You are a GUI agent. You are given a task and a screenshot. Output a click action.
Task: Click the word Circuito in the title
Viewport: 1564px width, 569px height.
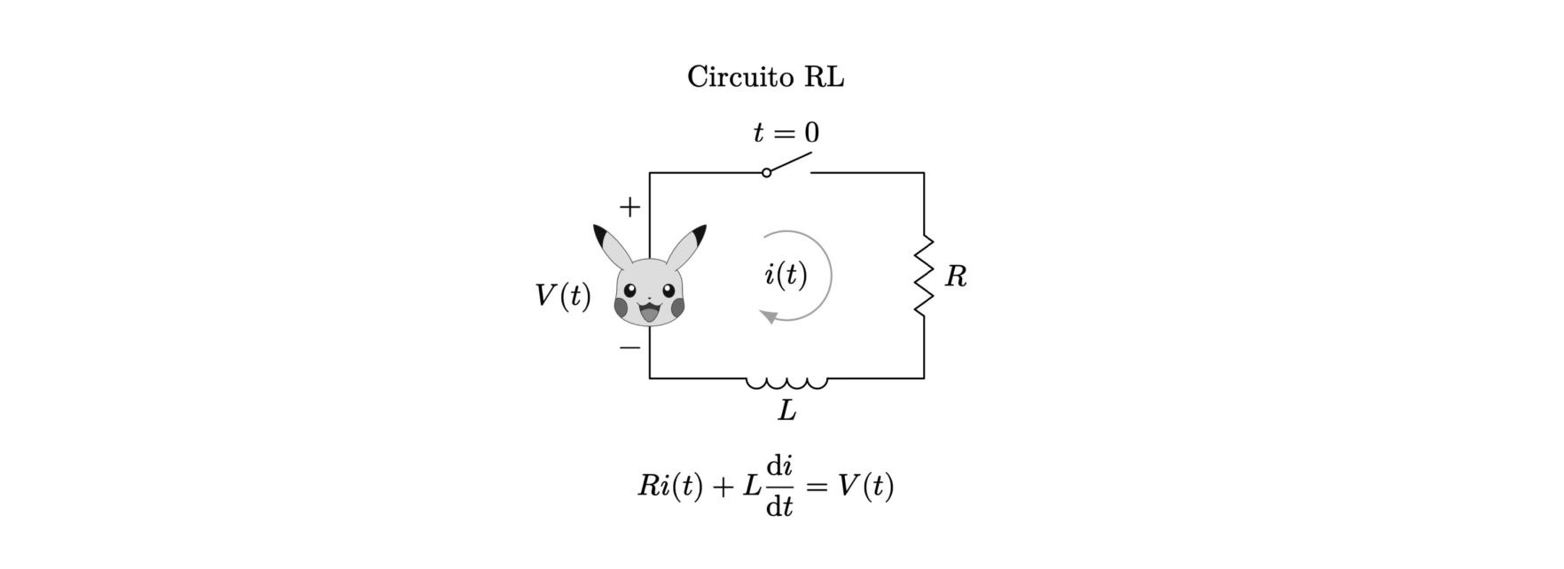click(740, 77)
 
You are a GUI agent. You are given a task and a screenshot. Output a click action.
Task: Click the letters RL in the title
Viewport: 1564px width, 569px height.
click(824, 77)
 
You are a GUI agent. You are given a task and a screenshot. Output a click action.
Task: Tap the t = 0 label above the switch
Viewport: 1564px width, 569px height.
click(786, 133)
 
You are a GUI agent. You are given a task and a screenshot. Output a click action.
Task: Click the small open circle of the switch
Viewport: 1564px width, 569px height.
click(767, 173)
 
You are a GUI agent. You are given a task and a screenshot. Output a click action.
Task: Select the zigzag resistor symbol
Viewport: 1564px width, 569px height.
click(924, 276)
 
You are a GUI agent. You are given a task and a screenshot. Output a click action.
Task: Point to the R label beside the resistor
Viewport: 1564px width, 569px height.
click(956, 277)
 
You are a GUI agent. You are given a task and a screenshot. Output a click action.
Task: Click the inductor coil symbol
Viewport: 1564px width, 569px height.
click(786, 383)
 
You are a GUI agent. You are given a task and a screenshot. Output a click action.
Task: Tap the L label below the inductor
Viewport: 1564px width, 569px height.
click(786, 410)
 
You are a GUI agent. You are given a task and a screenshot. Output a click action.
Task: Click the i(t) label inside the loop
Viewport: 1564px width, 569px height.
click(786, 275)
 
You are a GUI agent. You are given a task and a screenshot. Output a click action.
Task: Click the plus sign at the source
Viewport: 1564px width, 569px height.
click(630, 207)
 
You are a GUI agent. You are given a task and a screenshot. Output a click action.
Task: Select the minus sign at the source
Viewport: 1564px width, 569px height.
click(630, 347)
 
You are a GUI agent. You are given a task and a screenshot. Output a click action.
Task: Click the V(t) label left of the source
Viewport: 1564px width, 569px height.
click(563, 295)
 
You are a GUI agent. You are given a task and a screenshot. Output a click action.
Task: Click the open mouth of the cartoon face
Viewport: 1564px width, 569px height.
click(649, 312)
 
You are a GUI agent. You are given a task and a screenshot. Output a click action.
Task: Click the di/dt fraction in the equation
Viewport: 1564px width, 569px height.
click(779, 486)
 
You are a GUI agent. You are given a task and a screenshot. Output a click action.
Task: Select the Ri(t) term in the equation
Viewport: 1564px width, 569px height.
click(670, 486)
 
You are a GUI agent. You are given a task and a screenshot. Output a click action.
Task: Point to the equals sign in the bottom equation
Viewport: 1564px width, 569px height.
click(817, 486)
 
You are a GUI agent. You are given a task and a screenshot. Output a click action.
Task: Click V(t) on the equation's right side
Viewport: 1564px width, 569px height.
click(865, 486)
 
